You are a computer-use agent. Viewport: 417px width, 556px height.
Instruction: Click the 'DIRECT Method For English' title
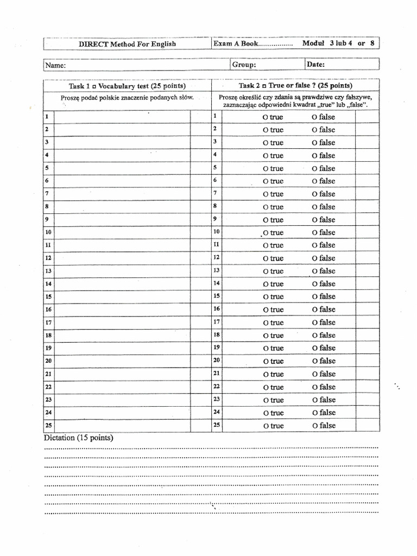pyautogui.click(x=127, y=44)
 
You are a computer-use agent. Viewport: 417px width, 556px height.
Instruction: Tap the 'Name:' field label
pyautogui.click(x=55, y=65)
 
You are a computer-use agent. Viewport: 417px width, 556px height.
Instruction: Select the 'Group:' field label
pyautogui.click(x=244, y=65)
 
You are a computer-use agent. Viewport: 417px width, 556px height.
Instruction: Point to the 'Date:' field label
pyautogui.click(x=316, y=65)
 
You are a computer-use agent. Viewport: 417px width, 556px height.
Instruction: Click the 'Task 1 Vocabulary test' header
pyautogui.click(x=127, y=86)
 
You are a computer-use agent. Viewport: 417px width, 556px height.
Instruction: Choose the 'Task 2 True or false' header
pyautogui.click(x=295, y=86)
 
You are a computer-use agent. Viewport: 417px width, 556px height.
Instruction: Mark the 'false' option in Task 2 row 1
pyautogui.click(x=324, y=117)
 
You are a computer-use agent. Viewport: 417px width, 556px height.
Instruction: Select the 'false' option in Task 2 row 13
pyautogui.click(x=324, y=271)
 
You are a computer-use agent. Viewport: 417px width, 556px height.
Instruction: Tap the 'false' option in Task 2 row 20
pyautogui.click(x=324, y=361)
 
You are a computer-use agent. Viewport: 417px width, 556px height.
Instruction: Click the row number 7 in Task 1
pyautogui.click(x=48, y=193)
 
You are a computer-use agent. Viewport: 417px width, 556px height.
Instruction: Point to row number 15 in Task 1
pyautogui.click(x=48, y=296)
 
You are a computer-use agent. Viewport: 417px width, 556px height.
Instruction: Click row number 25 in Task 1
pyautogui.click(x=48, y=425)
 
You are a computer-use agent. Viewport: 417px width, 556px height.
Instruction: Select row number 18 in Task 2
pyautogui.click(x=216, y=335)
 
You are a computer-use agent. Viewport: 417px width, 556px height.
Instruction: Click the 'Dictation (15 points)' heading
pyautogui.click(x=78, y=438)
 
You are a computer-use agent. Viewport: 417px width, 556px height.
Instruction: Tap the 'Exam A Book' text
pyautogui.click(x=237, y=44)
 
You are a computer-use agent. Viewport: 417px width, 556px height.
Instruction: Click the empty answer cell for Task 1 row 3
pyautogui.click(x=122, y=142)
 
